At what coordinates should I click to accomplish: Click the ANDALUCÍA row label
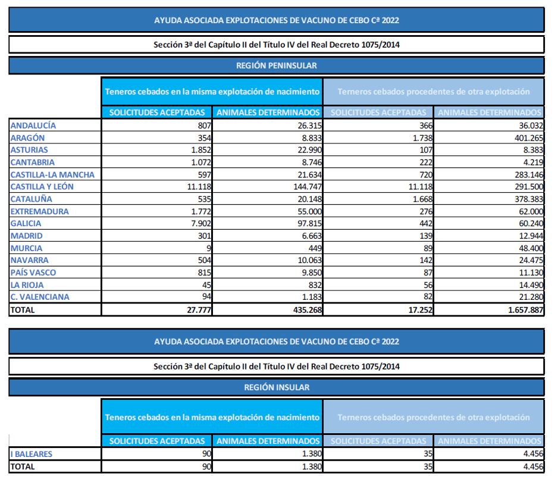33,126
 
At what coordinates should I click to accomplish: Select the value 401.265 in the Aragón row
529,137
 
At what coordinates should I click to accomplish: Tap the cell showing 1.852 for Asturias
201,150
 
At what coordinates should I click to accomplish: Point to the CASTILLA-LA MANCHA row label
52,175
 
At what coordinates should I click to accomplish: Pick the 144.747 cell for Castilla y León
308,186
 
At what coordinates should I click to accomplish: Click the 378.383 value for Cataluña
529,199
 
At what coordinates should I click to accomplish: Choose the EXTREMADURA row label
39,211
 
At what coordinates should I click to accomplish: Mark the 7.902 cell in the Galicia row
201,224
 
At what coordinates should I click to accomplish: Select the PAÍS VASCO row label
33,273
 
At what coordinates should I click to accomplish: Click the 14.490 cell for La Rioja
531,285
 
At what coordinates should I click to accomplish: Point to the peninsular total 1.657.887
526,310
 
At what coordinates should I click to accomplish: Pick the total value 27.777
199,310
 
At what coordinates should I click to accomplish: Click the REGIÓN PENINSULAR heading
277,65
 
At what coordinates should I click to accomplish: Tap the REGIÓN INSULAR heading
277,387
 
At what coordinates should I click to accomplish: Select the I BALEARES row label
32,454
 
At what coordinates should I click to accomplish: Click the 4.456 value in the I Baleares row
533,454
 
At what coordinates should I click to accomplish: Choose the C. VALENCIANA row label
40,297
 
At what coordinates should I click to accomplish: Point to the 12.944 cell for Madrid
531,236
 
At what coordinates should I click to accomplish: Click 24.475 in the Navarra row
531,260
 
